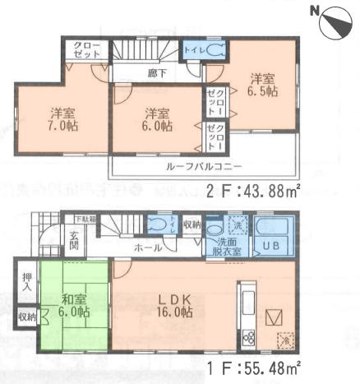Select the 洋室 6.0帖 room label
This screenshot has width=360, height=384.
point(155,119)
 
